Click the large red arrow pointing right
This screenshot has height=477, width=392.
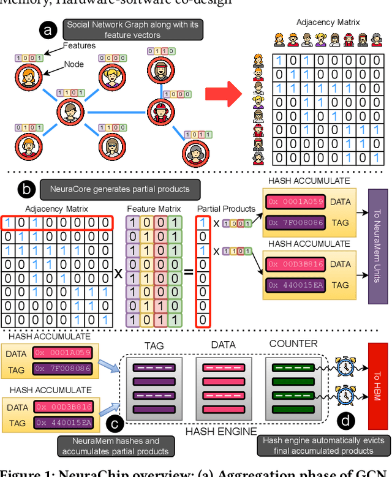click(224, 94)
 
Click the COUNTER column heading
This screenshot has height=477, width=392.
click(293, 344)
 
